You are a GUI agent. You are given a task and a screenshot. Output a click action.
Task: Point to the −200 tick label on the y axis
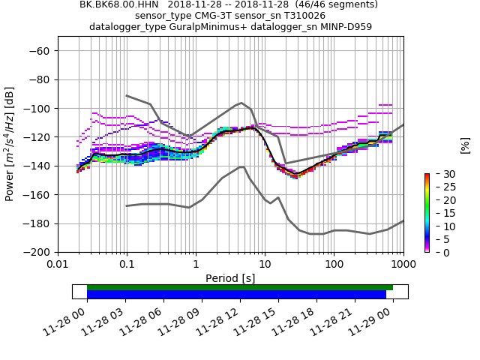coord(37,253)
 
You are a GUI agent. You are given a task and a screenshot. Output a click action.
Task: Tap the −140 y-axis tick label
coord(37,166)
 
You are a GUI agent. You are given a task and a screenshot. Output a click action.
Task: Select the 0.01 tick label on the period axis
coord(58,265)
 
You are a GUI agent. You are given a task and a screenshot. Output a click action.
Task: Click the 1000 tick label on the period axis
coord(403,265)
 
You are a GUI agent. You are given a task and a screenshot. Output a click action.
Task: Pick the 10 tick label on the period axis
coord(265,265)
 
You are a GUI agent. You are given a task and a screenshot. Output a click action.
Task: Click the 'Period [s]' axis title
coord(230,278)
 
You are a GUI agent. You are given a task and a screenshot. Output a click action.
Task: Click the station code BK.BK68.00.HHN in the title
coord(118,4)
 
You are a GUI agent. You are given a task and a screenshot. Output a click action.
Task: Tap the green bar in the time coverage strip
coord(240,287)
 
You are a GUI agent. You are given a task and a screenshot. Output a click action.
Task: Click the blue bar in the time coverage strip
coord(236,295)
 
